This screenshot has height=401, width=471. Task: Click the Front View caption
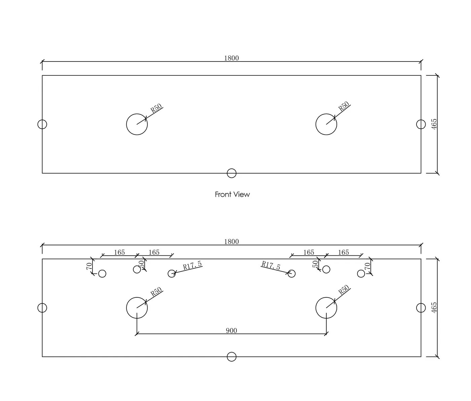pos(232,194)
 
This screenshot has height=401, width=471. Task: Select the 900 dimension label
pos(231,331)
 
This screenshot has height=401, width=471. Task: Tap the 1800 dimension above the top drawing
pos(231,58)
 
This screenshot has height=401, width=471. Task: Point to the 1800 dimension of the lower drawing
pos(231,242)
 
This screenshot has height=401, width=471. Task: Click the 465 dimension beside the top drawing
pos(434,124)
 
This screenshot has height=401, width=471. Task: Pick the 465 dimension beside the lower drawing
pos(434,307)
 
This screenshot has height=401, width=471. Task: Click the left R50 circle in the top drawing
pos(126,124)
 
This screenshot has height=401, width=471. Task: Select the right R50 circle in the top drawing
pos(316,124)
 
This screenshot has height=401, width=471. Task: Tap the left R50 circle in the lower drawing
pos(126,308)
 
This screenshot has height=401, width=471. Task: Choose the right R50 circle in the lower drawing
pos(316,308)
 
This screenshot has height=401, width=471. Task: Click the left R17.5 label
pos(192,265)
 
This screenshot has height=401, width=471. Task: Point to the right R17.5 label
pos(271,265)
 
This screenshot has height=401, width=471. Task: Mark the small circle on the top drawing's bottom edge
pos(227,173)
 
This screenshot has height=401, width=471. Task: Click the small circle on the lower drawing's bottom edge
pos(227,357)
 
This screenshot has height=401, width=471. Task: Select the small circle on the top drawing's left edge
pos(38,124)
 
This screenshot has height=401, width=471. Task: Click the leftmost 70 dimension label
pos(89,266)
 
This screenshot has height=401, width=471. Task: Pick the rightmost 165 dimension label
pos(343,252)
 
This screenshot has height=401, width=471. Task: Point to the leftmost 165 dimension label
pos(119,252)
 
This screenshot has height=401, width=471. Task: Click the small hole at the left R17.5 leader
pos(168,274)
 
